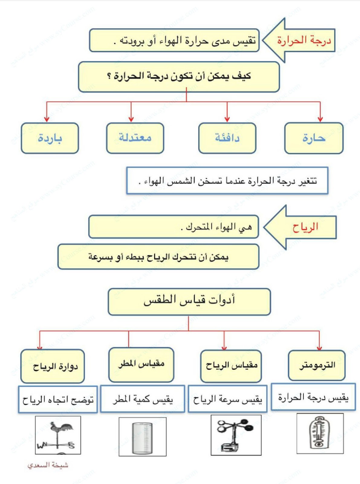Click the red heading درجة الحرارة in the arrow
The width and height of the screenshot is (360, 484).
point(304,40)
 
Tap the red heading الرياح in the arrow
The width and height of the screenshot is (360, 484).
point(305,227)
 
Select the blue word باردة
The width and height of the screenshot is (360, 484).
point(50,138)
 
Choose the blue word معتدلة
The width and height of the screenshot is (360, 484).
point(135,138)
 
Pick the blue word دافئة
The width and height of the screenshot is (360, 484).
point(227,138)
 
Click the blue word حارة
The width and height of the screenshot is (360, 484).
point(314,138)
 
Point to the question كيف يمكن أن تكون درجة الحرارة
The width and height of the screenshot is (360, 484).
point(179,76)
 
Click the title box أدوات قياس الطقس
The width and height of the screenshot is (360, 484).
point(189,301)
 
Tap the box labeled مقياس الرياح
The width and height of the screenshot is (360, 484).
point(231,366)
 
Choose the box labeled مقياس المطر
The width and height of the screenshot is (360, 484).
point(141,364)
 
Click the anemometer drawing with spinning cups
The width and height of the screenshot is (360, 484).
point(236,434)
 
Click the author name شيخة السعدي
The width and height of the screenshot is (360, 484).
point(48,465)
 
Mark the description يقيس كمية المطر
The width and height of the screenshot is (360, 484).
point(143,399)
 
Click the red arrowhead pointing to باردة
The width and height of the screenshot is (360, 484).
point(47,119)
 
